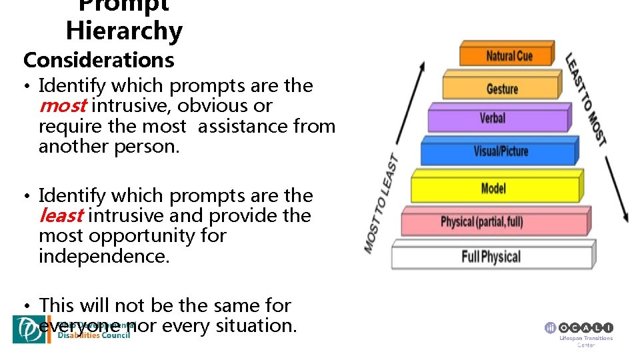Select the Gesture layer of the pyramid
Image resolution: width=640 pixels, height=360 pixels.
502,89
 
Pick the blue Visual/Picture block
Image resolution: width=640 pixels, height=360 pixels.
500,151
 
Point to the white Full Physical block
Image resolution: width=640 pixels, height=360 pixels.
491,256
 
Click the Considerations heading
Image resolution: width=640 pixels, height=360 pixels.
99,60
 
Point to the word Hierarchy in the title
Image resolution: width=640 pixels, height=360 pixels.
124,31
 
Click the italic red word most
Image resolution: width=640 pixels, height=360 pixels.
63,106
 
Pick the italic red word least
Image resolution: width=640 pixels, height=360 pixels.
61,216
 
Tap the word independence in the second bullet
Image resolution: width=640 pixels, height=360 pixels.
104,256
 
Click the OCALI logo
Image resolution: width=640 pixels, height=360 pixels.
579,328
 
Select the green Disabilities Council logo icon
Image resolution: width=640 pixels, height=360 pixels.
29,329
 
